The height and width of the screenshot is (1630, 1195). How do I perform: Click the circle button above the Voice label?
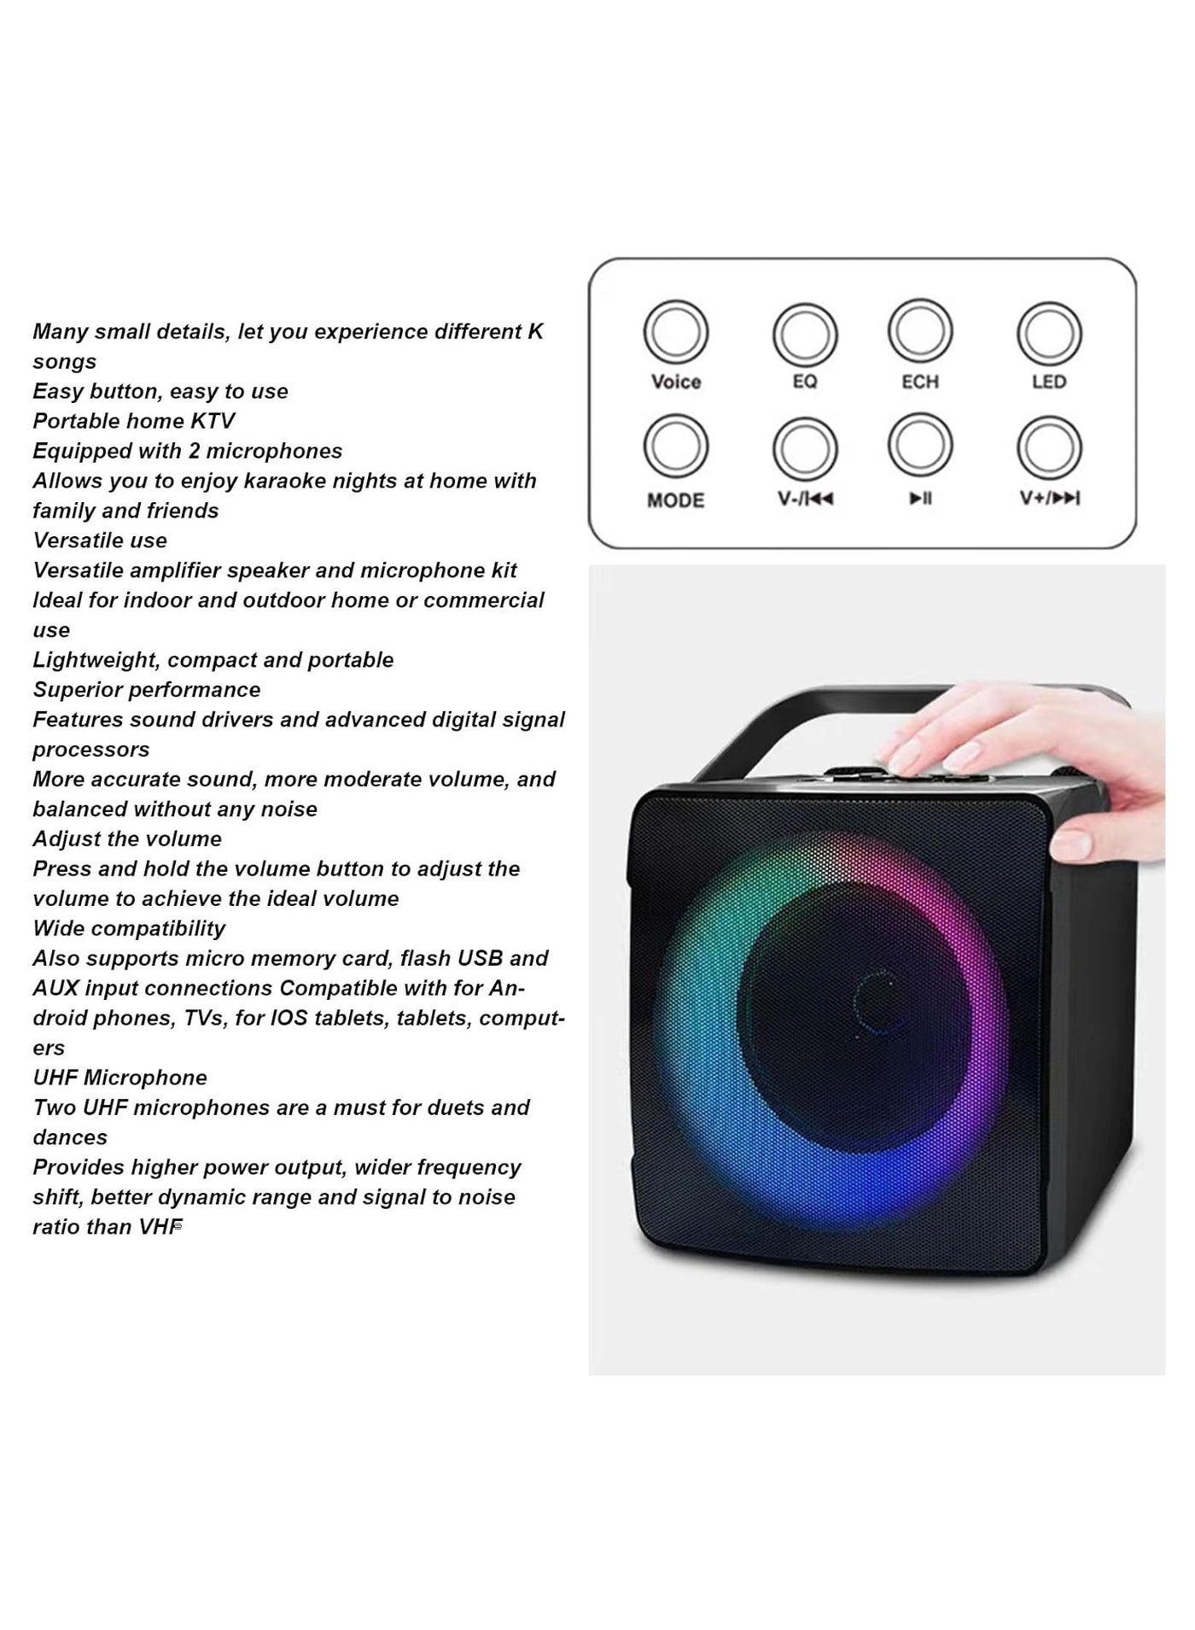tap(676, 332)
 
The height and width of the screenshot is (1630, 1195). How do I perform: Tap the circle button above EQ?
tap(804, 335)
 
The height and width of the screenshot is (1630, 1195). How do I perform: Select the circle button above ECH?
tap(920, 331)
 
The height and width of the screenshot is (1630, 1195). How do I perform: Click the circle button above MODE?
tap(676, 447)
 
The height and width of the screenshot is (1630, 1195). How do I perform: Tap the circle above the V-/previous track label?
tap(804, 449)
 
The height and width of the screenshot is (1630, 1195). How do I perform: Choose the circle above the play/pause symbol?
tap(920, 446)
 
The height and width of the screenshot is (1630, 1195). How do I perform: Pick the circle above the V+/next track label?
tap(1049, 448)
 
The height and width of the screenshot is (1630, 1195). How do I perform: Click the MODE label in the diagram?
tap(676, 500)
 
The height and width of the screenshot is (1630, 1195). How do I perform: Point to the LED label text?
tap(1049, 382)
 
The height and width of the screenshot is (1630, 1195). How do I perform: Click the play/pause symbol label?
tap(920, 499)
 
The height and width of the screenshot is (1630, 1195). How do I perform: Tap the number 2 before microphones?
tap(195, 451)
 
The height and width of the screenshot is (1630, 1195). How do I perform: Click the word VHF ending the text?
tap(161, 1227)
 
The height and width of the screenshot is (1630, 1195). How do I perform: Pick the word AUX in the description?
tap(57, 988)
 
